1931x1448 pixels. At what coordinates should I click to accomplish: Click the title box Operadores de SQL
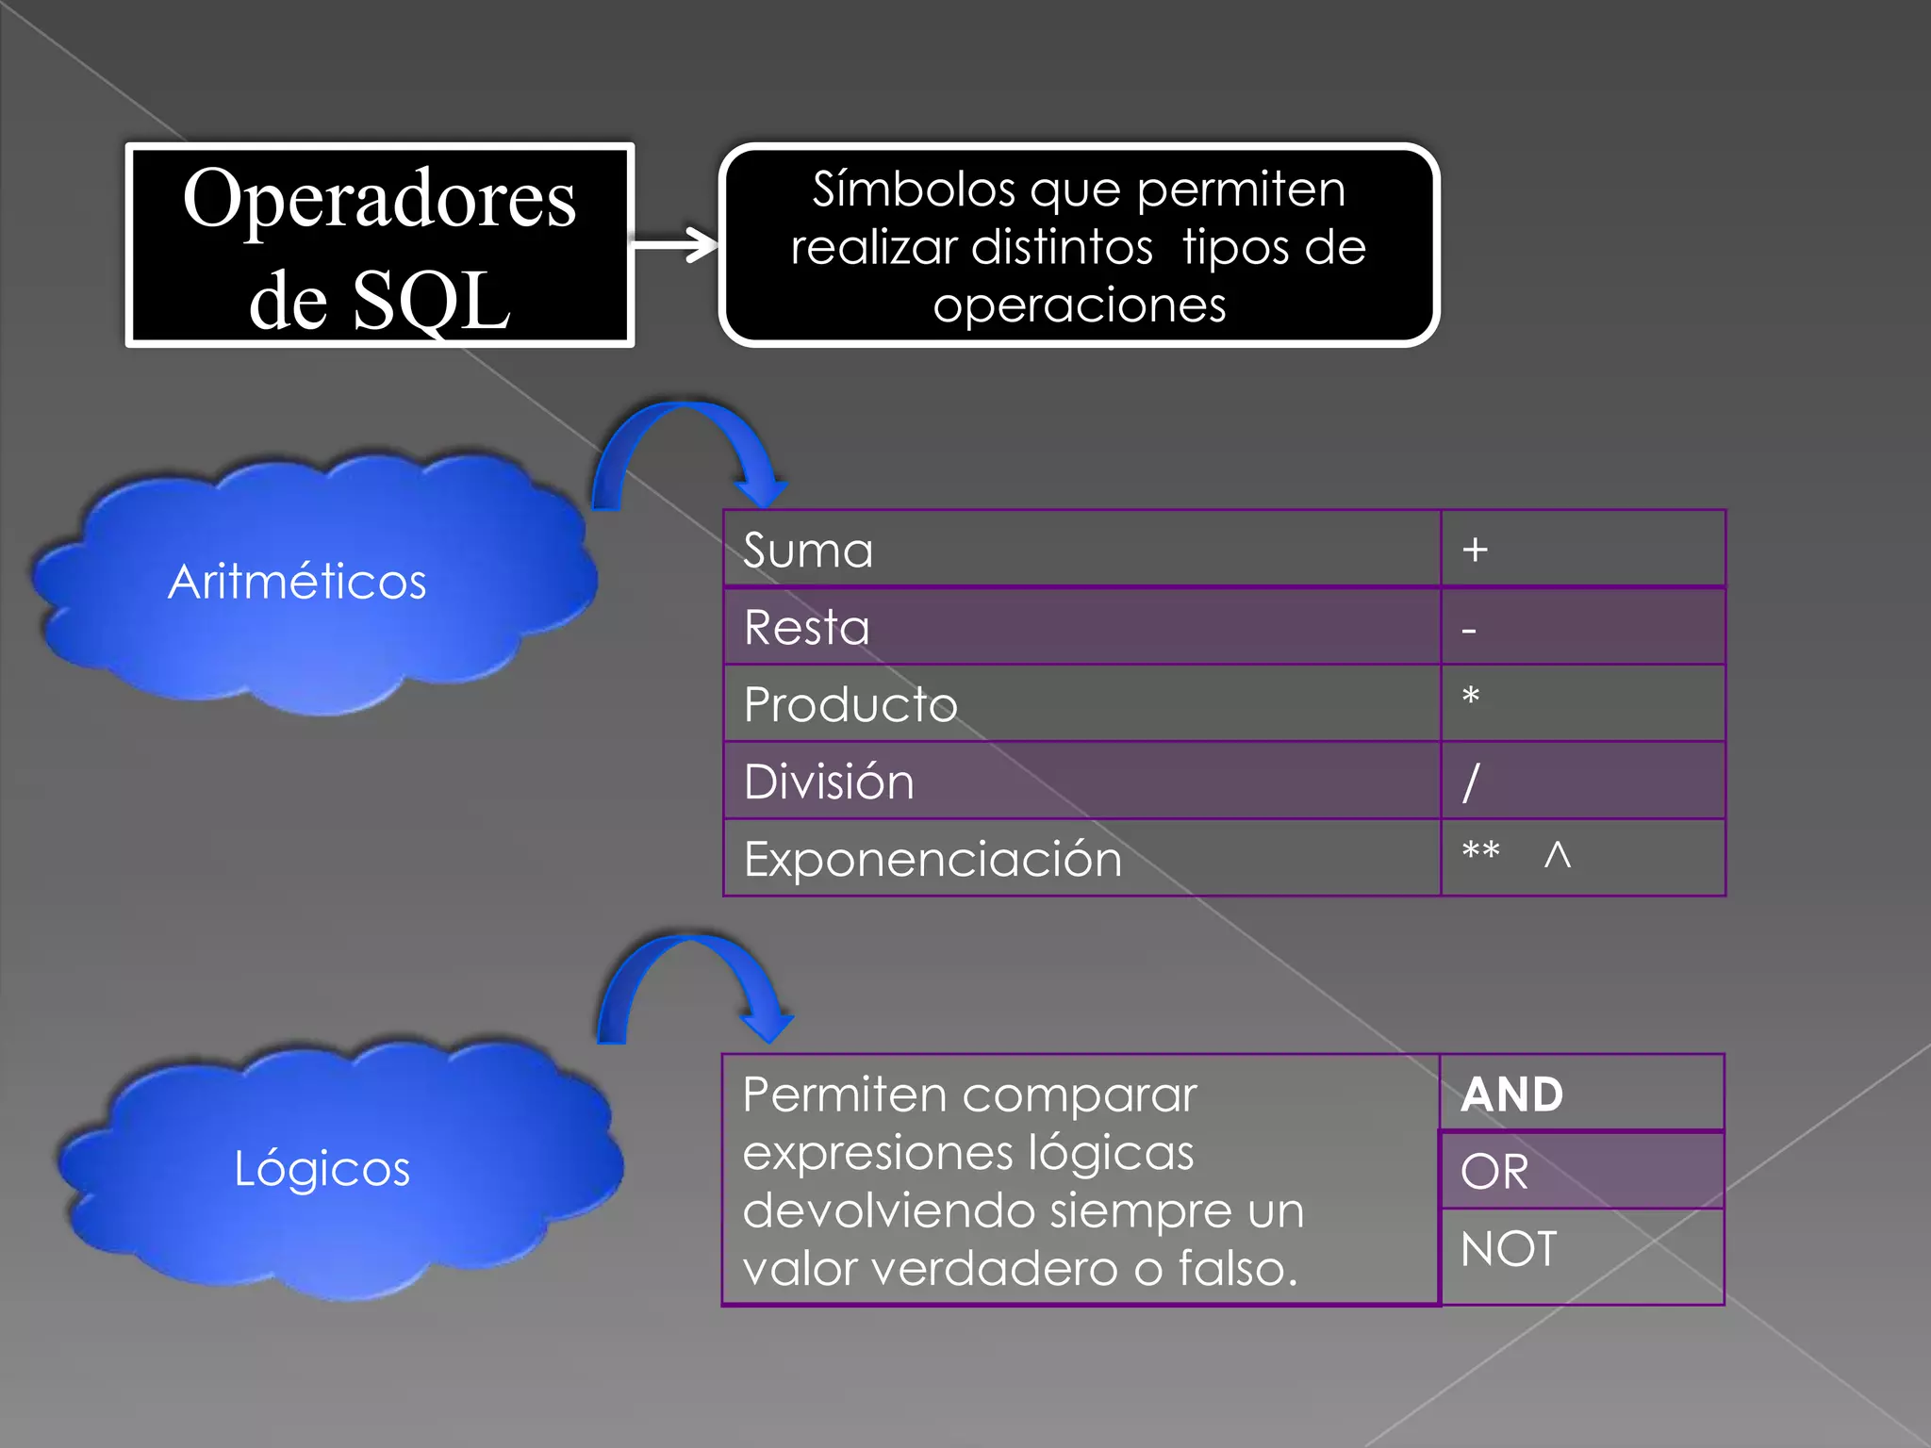coord(379,245)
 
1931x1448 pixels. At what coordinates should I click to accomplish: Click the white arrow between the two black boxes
coord(675,245)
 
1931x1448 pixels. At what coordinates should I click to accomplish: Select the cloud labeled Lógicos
coord(335,1169)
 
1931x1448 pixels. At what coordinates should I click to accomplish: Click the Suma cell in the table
coord(1081,550)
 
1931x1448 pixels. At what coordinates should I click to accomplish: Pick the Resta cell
coord(1081,627)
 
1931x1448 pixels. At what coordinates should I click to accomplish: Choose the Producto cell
coord(1081,704)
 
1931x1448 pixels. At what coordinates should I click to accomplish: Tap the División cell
coord(1081,782)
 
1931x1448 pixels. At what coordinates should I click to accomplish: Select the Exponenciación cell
coord(1081,859)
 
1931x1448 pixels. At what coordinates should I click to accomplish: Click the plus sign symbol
coord(1476,550)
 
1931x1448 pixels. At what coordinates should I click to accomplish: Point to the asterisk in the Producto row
coord(1471,698)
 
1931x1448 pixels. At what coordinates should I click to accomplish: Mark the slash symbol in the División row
coord(1471,782)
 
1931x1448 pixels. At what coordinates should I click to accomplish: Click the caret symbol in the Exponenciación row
coord(1558,855)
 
